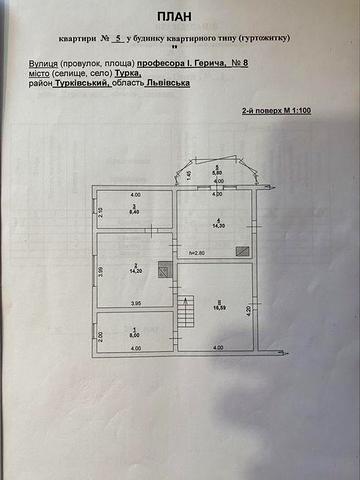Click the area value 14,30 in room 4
point(215,227)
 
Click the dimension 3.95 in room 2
point(137,303)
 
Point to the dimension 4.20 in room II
point(249,310)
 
